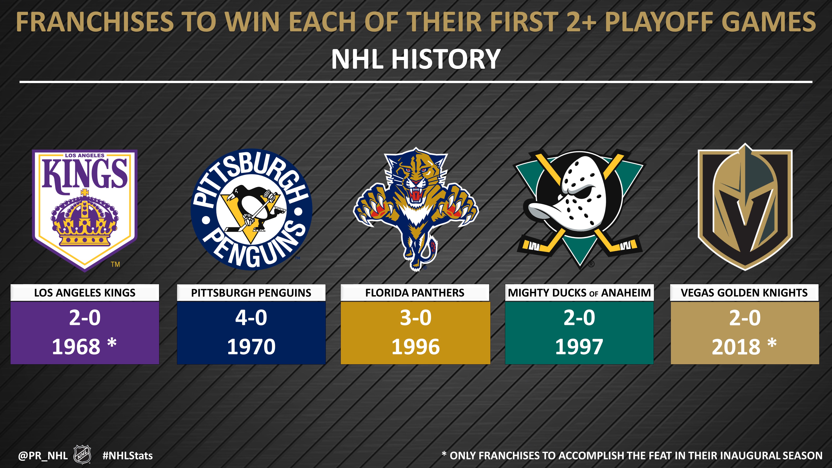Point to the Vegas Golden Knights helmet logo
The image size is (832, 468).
click(x=745, y=207)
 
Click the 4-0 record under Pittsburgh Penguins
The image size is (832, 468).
click(x=251, y=318)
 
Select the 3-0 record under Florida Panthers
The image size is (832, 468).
click(x=416, y=318)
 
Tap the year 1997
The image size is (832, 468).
click(x=579, y=347)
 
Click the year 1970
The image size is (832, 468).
click(x=251, y=347)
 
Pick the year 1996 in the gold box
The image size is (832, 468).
click(x=416, y=347)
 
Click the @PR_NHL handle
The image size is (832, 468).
click(x=43, y=456)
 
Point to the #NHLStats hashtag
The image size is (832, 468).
click(x=128, y=456)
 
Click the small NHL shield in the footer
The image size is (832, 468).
click(x=82, y=455)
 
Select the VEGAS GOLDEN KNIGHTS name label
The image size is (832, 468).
click(x=745, y=293)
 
